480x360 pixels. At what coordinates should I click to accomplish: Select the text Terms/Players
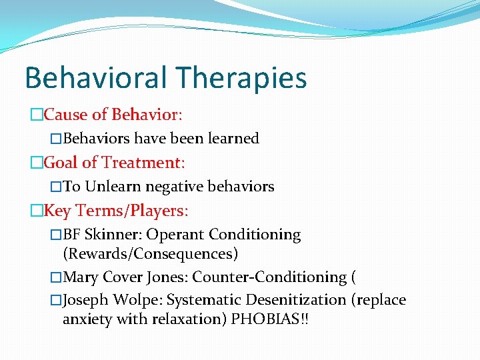pos(132,211)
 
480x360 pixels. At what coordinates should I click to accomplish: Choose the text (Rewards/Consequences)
pos(150,254)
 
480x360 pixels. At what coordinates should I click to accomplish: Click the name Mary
pos(80,277)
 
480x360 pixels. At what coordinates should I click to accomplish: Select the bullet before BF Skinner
pos(56,235)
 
